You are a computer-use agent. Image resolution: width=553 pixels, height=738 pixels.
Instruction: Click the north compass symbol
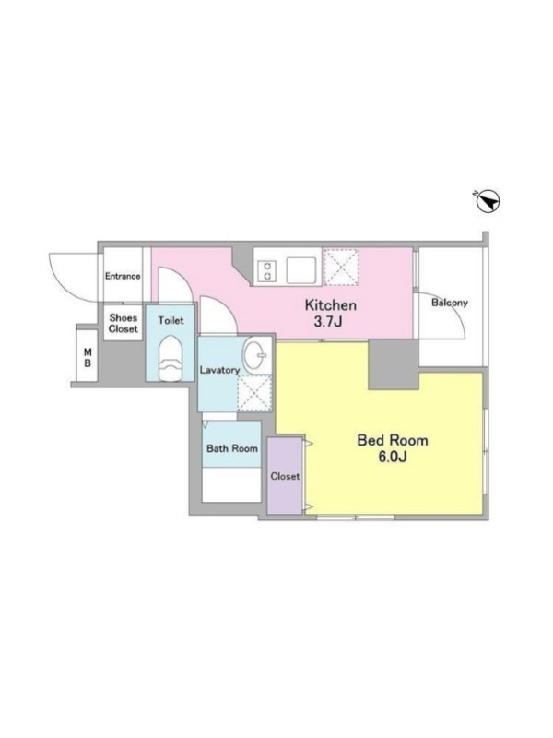[488, 202]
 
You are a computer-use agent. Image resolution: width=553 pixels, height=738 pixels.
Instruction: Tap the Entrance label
[123, 276]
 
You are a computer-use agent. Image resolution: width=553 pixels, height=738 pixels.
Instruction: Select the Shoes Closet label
[124, 324]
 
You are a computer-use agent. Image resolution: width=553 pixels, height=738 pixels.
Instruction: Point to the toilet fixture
[170, 359]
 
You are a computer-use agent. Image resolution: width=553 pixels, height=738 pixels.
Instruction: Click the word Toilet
[171, 320]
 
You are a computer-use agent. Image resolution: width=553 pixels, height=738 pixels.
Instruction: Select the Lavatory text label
[219, 370]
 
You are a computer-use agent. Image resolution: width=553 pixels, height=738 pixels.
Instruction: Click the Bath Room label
[232, 448]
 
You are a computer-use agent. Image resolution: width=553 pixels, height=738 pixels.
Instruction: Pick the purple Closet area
[285, 475]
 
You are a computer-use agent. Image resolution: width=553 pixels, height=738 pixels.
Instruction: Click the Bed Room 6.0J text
[393, 448]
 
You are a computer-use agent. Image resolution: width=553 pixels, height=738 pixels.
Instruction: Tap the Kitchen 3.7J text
[331, 313]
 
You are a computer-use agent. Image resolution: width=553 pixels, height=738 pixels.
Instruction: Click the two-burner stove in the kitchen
[267, 271]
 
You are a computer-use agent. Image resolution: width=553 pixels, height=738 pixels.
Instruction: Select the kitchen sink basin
[301, 270]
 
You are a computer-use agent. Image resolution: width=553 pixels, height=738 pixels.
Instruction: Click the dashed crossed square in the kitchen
[341, 267]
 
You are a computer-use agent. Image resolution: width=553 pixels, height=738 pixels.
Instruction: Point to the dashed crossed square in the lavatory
[254, 394]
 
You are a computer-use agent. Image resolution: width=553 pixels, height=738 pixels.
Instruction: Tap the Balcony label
[450, 303]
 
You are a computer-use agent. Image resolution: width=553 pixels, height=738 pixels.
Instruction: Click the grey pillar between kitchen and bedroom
[394, 364]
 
